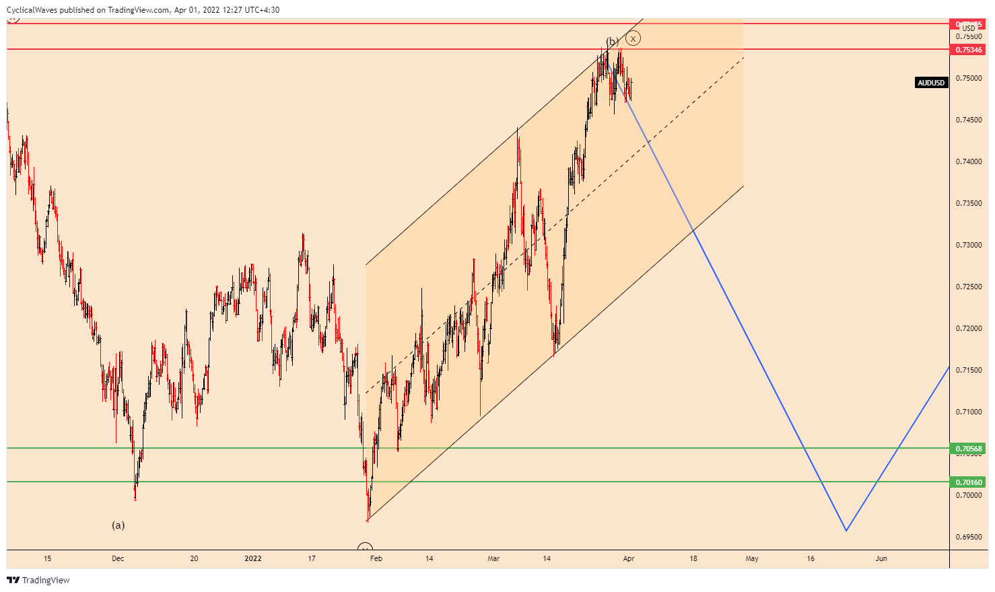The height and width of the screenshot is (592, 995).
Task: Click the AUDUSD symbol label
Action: tap(931, 83)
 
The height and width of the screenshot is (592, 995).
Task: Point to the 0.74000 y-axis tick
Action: tap(969, 161)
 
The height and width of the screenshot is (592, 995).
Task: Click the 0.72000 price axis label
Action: tap(969, 328)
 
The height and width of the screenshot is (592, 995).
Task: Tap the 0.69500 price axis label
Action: tap(969, 537)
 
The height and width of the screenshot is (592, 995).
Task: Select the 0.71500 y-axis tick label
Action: tap(969, 370)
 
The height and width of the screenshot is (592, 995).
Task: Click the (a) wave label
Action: tap(118, 525)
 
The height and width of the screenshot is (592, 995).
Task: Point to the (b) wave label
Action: tap(612, 42)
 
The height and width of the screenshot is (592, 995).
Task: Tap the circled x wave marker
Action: tap(633, 38)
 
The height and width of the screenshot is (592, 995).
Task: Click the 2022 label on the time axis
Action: tap(253, 558)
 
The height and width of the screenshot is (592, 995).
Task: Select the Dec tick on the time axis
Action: tap(118, 558)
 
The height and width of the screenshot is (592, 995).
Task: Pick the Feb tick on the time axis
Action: tap(376, 558)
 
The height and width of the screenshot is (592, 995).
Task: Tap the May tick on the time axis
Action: tap(752, 558)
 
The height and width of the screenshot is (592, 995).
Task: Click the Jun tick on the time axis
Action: tap(881, 558)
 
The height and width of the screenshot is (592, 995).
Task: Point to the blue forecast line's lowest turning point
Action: tap(846, 531)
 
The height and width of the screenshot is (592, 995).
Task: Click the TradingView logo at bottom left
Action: tap(38, 580)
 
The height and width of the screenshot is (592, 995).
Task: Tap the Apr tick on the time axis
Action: tap(629, 558)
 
